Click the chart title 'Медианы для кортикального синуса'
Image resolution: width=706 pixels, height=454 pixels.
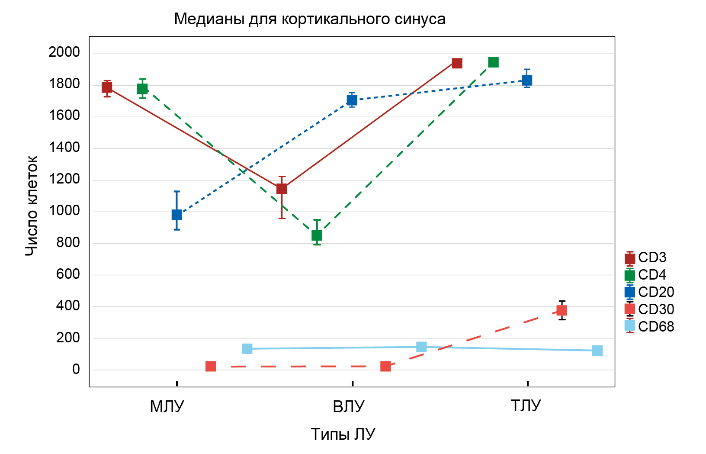click(x=310, y=19)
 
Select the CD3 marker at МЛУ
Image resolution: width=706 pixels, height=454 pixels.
click(x=107, y=87)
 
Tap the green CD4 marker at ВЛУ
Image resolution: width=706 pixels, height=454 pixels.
click(x=317, y=235)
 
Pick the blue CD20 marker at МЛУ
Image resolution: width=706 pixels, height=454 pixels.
click(x=177, y=215)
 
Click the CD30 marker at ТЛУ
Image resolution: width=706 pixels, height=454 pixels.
click(x=562, y=310)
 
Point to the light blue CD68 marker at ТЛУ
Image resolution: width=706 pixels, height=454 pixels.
click(x=597, y=351)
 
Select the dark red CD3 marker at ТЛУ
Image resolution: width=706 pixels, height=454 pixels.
click(x=457, y=63)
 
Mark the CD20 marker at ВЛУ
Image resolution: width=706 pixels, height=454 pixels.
click(x=352, y=100)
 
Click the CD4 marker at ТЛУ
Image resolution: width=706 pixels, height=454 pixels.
click(x=493, y=62)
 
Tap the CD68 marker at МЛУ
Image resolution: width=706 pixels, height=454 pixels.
click(x=247, y=349)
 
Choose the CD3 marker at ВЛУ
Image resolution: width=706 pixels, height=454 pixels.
click(x=282, y=189)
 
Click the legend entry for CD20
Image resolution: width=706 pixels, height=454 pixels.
click(x=649, y=292)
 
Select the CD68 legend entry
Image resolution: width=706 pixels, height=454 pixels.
click(x=649, y=326)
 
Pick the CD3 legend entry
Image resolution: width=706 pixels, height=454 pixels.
click(x=646, y=258)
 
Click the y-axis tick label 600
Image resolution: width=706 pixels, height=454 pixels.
click(x=68, y=274)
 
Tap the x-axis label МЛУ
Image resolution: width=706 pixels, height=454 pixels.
click(x=167, y=407)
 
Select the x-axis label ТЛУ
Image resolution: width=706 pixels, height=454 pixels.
click(x=526, y=406)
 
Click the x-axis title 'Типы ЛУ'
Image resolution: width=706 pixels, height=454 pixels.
click(x=343, y=434)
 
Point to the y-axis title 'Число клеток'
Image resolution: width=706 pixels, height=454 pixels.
click(x=32, y=206)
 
